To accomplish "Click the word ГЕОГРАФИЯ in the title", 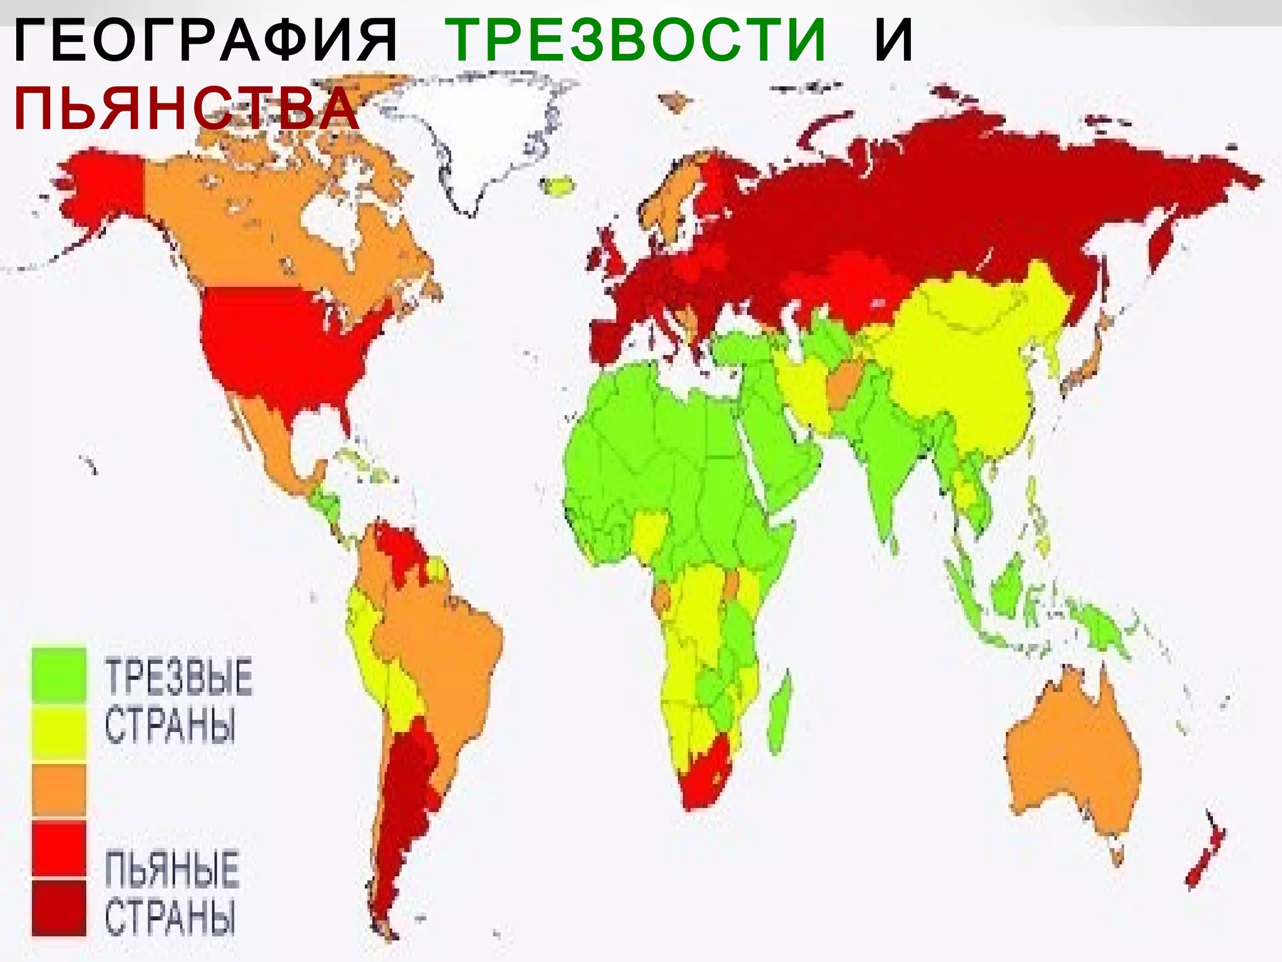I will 205,41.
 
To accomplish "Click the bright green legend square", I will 59,674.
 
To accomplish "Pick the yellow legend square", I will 59,732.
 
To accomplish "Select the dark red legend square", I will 59,907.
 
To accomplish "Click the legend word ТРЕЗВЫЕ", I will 178,677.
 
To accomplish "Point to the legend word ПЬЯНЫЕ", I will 172,869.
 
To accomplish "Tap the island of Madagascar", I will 779,714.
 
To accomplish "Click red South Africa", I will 707,773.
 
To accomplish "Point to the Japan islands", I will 1086,363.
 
